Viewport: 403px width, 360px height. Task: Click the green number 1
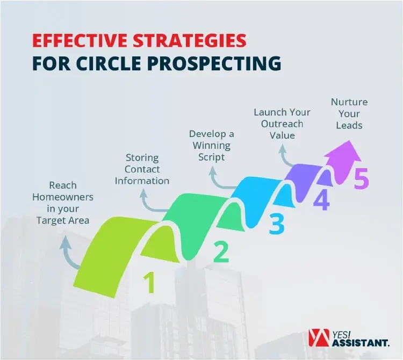(x=150, y=283)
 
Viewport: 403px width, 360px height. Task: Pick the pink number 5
(x=361, y=179)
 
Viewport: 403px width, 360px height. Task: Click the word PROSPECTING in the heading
(x=220, y=63)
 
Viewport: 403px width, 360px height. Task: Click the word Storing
(x=142, y=157)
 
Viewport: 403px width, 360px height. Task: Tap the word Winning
(x=211, y=146)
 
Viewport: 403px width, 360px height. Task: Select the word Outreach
(x=282, y=124)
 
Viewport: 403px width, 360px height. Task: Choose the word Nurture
(x=349, y=102)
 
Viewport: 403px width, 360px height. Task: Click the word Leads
(x=349, y=126)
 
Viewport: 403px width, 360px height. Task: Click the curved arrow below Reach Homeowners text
(x=67, y=253)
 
